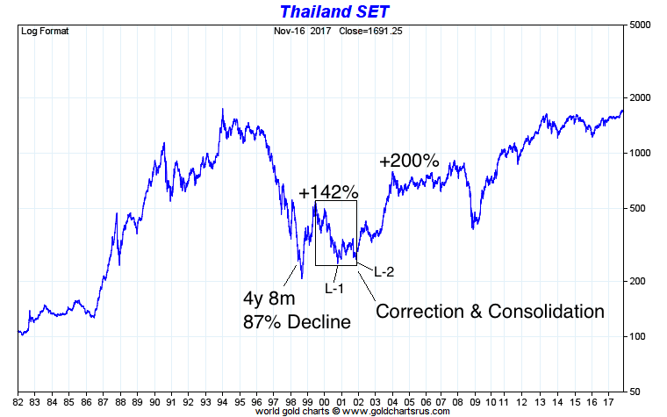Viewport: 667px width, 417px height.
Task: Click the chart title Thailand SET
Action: click(x=333, y=11)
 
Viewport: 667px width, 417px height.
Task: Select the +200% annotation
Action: click(x=408, y=162)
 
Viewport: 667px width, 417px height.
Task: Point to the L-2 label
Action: click(x=384, y=271)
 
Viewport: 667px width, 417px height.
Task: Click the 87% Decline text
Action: click(x=297, y=322)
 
